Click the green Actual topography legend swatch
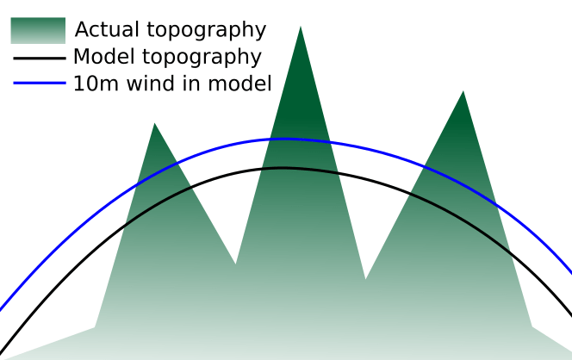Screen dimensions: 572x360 point(38,30)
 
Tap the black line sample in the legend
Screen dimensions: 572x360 point(38,59)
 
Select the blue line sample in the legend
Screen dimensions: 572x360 point(38,84)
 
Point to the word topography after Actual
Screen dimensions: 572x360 point(206,30)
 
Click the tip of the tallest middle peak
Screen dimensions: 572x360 point(301,27)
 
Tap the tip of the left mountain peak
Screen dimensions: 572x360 point(155,124)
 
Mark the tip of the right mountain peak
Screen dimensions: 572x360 point(463,91)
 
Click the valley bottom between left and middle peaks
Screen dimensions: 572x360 point(235,264)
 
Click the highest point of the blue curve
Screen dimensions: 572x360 point(284,138)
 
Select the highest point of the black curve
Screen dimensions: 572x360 point(283,168)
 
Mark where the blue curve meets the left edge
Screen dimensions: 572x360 point(2,307)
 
